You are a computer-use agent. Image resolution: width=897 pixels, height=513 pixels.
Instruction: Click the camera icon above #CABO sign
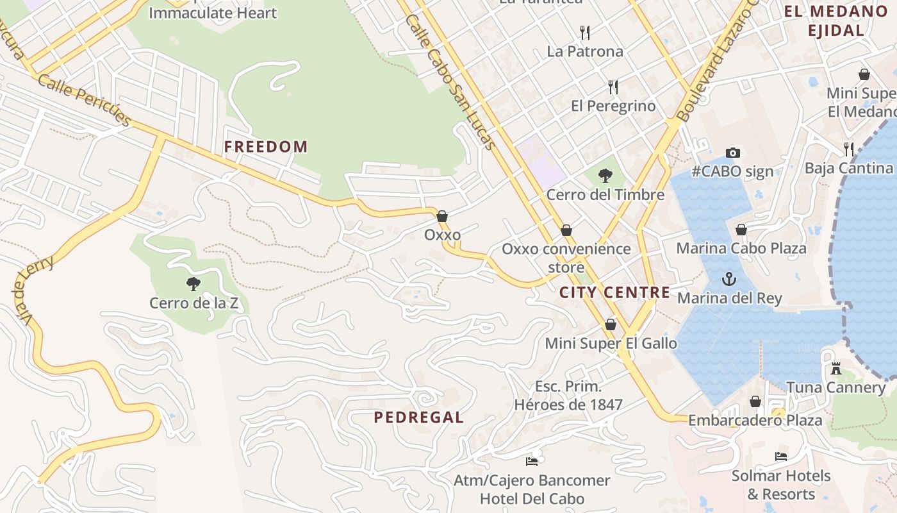point(733,153)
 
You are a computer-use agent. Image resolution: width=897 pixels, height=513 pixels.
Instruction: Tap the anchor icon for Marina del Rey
point(729,279)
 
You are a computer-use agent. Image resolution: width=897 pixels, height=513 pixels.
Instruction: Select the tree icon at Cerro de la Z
point(193,284)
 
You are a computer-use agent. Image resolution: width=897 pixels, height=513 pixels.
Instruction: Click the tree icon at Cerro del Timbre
point(605,175)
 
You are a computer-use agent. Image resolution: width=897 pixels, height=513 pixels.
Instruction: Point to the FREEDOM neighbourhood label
point(266,147)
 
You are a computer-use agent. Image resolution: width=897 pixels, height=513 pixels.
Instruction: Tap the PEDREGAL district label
point(418,417)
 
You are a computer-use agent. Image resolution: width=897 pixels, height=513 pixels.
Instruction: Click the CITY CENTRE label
point(614,293)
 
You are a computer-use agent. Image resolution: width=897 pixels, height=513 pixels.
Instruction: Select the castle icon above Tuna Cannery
point(835,369)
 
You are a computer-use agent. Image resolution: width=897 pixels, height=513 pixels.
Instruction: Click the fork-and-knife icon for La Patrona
point(584,32)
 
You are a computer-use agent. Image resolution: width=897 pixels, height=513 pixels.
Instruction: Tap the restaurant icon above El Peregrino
point(613,87)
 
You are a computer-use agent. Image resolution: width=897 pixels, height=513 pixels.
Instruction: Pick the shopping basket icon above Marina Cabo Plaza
point(741,230)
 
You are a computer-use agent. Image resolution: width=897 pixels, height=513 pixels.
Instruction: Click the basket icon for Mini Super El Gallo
point(611,324)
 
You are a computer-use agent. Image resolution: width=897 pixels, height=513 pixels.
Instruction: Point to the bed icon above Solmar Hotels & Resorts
point(780,457)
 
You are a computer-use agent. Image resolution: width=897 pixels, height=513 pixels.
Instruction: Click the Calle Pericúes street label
point(84,100)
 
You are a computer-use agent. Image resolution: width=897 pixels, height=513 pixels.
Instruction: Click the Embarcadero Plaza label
point(755,421)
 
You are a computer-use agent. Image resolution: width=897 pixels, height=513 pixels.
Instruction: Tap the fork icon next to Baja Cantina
point(849,149)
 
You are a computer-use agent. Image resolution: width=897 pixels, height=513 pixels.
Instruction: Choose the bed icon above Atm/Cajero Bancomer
point(531,461)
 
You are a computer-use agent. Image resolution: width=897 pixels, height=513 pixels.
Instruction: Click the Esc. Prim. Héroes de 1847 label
point(568,396)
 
